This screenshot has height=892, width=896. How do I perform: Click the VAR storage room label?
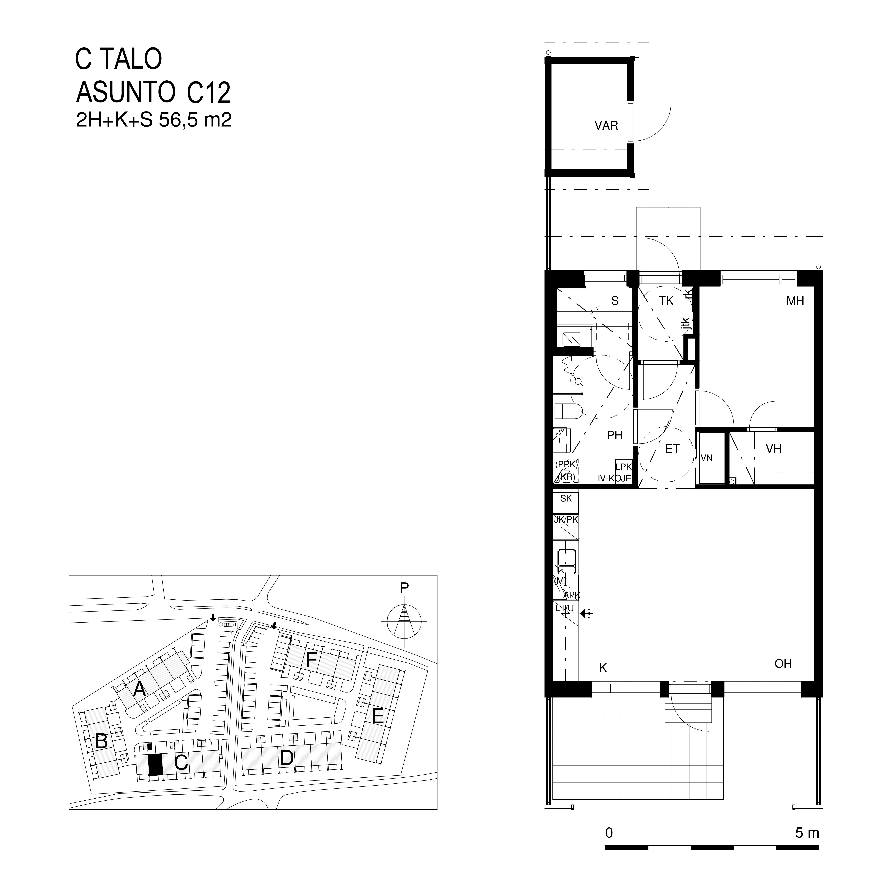click(x=606, y=126)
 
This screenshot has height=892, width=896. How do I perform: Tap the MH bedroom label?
click(x=795, y=301)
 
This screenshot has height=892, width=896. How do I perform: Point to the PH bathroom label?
click(x=614, y=435)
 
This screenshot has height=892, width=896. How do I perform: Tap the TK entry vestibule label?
click(x=666, y=301)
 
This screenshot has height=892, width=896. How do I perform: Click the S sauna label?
click(x=615, y=301)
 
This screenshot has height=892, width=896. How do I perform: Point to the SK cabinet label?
click(x=566, y=499)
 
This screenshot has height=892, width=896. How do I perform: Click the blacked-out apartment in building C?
click(x=155, y=764)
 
